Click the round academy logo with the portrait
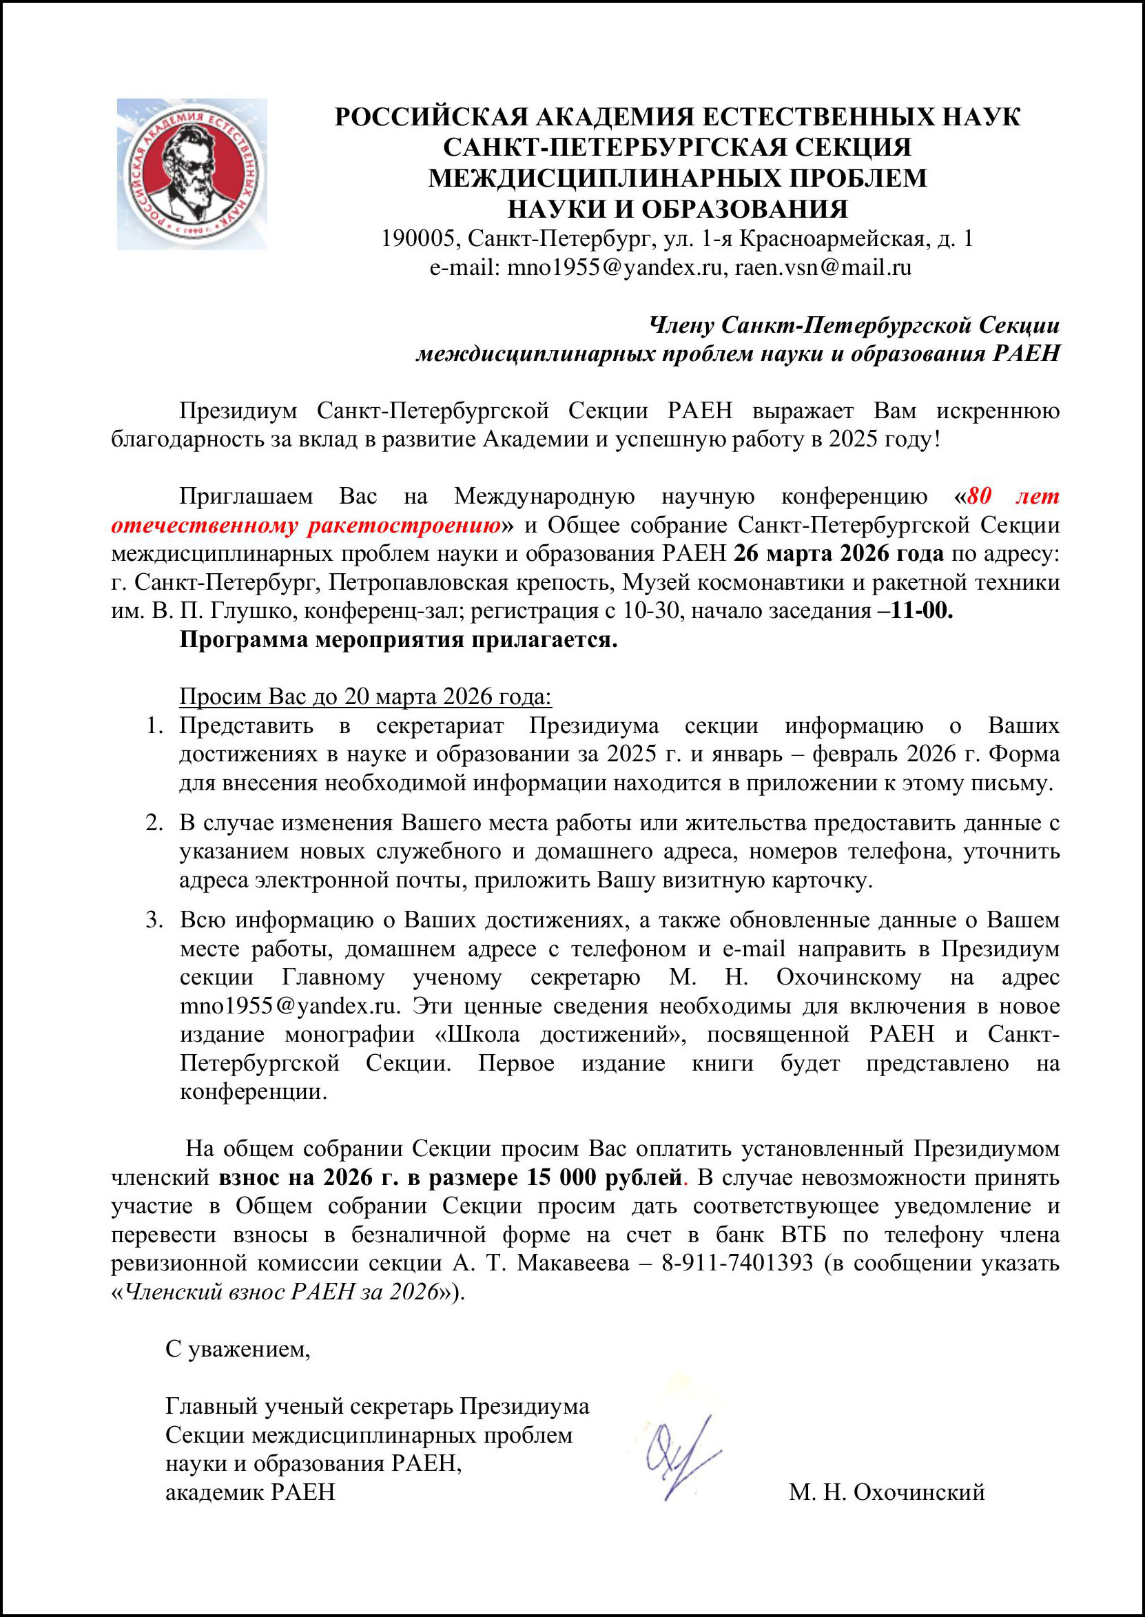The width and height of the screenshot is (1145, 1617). [x=192, y=174]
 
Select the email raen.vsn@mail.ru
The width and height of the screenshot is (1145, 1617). [x=823, y=268]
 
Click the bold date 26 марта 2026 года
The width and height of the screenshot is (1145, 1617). [x=838, y=553]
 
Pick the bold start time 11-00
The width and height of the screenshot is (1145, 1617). [x=922, y=610]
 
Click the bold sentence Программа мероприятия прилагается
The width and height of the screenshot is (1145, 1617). [x=398, y=639]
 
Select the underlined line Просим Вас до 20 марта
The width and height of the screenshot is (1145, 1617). [x=365, y=697]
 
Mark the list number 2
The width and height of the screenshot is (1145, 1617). [x=154, y=823]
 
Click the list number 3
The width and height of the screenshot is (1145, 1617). [x=154, y=920]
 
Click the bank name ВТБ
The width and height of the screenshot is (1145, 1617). [x=805, y=1235]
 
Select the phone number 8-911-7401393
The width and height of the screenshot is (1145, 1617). [x=736, y=1263]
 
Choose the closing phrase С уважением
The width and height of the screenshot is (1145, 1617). [x=238, y=1349]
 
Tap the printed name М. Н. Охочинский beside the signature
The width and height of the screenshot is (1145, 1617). [x=886, y=1492]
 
